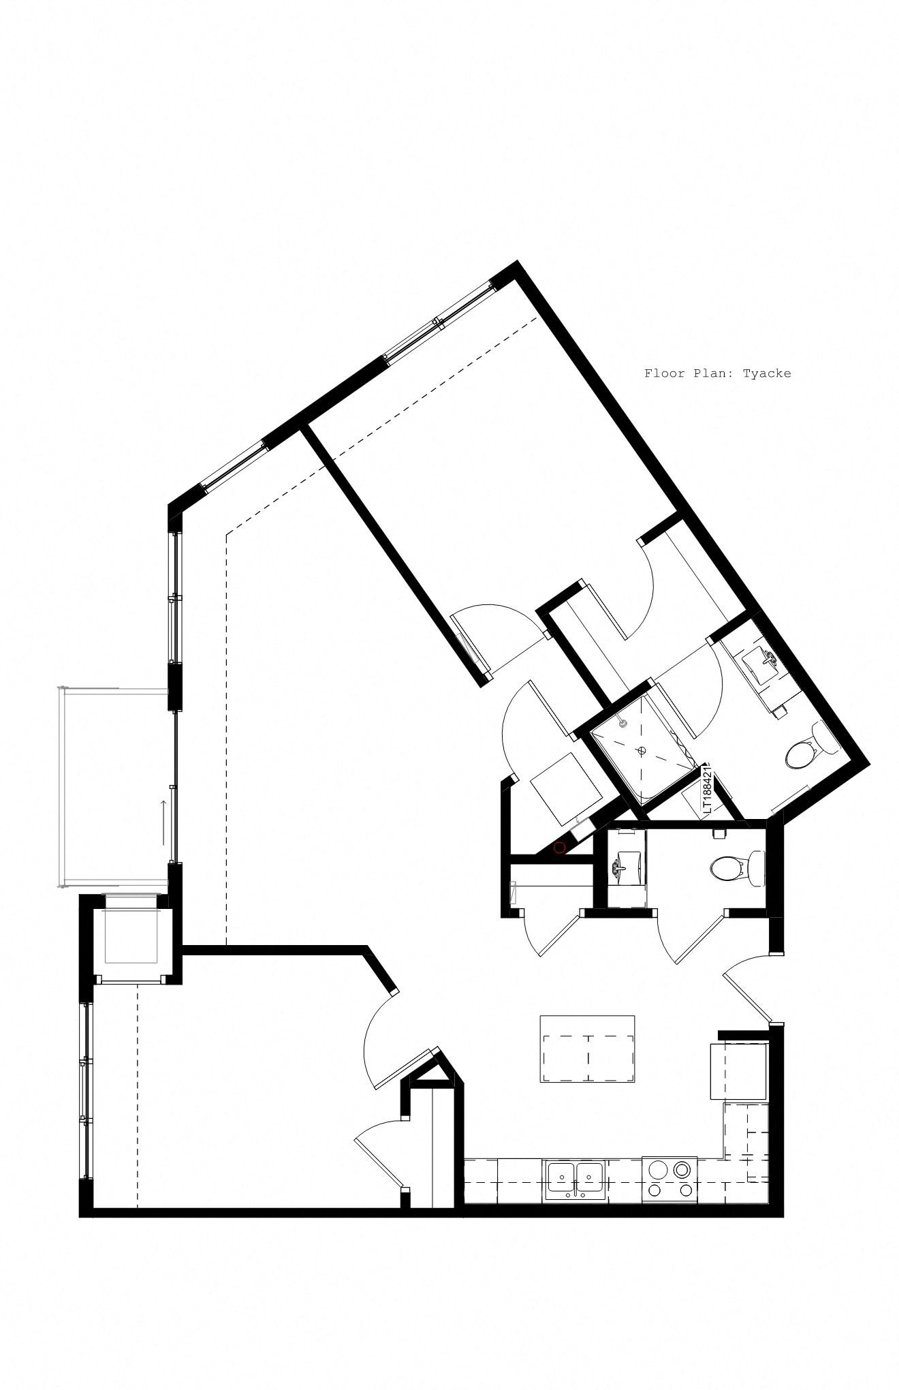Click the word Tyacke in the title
767,373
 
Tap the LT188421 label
707,790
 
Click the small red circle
560,848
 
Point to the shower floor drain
641,750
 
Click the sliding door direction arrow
163,812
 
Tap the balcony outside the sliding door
112,787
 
